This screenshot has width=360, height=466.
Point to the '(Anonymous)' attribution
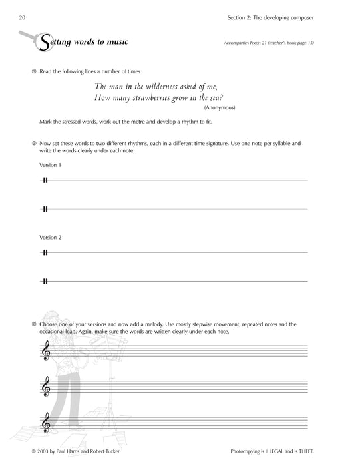[x=220, y=107]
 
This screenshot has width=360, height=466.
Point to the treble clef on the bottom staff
[x=45, y=422]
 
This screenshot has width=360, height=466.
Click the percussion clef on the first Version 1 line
[x=45, y=180]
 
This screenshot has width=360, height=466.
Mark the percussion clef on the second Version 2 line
[x=45, y=281]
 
